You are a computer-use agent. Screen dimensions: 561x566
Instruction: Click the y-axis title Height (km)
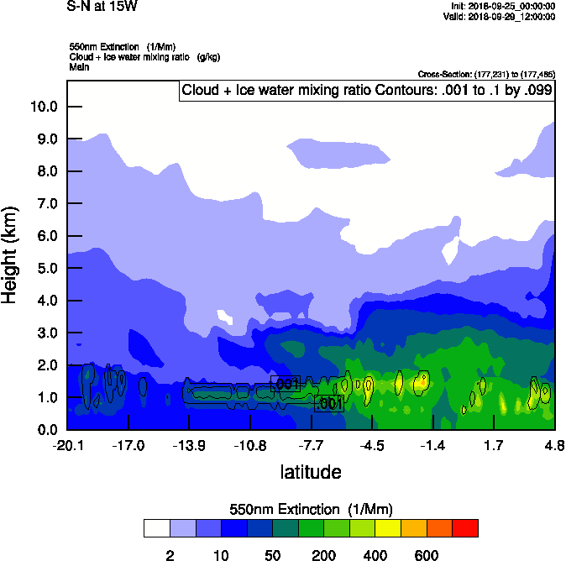click(11, 255)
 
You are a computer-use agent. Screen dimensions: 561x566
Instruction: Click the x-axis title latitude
click(311, 472)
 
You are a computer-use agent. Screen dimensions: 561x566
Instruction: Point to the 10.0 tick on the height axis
click(44, 107)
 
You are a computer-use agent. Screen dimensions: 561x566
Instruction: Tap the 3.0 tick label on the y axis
click(46, 333)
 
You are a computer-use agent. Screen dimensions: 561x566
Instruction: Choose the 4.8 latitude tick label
click(554, 443)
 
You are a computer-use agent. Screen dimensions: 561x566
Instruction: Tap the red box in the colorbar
click(465, 528)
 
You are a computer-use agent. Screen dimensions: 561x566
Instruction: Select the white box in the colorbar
click(157, 528)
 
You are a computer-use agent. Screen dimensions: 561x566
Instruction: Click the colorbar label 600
click(427, 555)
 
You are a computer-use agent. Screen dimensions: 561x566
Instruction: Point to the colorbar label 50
click(273, 555)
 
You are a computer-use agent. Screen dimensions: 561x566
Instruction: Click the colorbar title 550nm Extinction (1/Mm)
click(311, 509)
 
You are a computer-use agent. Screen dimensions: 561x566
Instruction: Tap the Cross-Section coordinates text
click(485, 75)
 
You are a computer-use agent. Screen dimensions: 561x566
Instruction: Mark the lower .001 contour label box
click(328, 404)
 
